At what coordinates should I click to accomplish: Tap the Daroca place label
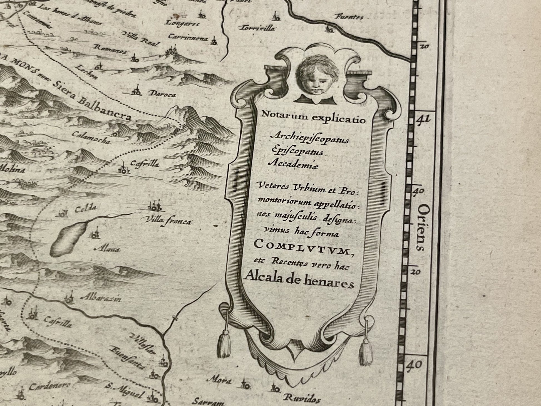163,95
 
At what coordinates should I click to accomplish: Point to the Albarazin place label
101,299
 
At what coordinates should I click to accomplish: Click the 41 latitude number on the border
423,119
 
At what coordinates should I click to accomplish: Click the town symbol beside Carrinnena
214,41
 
